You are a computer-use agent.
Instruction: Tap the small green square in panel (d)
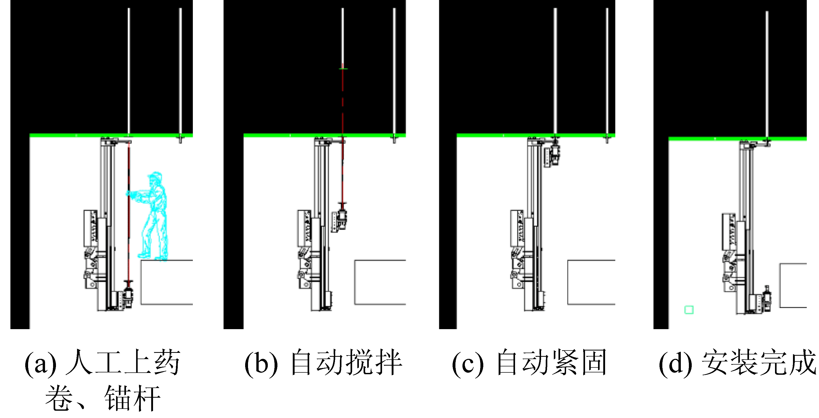689,310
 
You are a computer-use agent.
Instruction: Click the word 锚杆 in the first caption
132,398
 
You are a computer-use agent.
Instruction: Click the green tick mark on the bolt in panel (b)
342,69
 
